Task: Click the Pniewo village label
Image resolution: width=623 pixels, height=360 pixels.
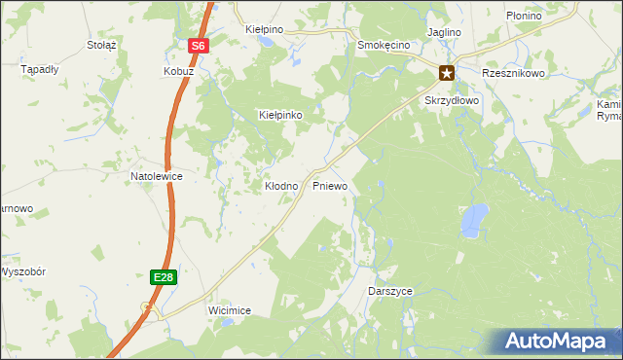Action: tap(330, 185)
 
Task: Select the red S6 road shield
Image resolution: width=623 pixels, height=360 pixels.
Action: tap(198, 46)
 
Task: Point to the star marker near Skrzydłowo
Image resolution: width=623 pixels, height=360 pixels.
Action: tap(447, 72)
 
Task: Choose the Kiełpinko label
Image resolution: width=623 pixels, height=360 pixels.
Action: tap(280, 115)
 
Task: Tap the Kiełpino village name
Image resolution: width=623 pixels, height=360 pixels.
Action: tap(264, 30)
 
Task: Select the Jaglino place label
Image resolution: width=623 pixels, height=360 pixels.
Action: tap(443, 32)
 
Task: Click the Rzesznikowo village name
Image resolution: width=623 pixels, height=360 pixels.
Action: tap(513, 73)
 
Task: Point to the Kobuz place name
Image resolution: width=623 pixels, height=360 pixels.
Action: tap(178, 72)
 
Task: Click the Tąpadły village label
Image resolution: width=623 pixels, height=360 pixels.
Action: tap(40, 70)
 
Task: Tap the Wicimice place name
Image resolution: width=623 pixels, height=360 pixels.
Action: tap(230, 310)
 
